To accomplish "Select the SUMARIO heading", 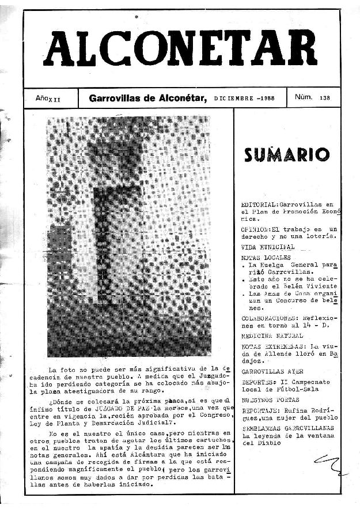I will [286, 154].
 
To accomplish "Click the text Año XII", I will [48, 99].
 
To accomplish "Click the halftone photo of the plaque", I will [128, 236].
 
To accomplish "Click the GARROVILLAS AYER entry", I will [272, 372].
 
